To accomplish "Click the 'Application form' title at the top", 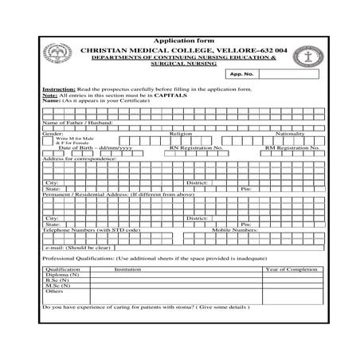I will (180, 40).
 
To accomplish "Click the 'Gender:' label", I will (52, 134).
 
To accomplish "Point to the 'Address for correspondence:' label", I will (80, 158).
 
